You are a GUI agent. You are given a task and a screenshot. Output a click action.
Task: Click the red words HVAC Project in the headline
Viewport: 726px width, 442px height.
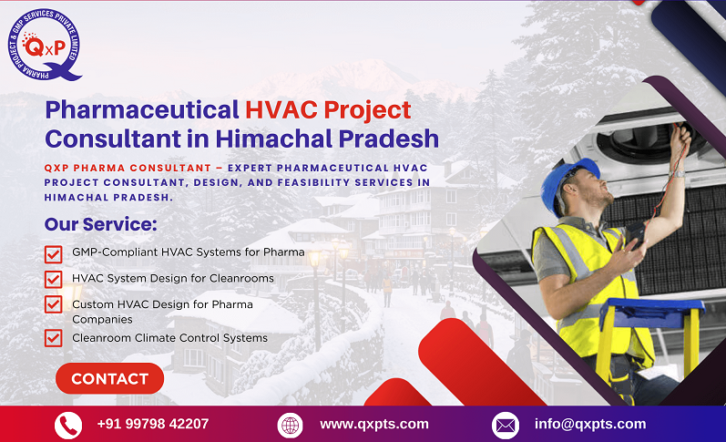pyautogui.click(x=327, y=110)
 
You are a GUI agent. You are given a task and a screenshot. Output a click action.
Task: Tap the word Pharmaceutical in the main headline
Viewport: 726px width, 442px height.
pyautogui.click(x=141, y=110)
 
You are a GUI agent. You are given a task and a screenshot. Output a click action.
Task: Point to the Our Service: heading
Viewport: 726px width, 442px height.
pyautogui.click(x=100, y=224)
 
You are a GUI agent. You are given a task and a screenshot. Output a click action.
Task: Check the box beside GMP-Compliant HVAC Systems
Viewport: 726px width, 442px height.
pyautogui.click(x=54, y=252)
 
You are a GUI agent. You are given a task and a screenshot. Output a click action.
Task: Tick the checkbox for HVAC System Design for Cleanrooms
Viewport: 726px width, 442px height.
pyautogui.click(x=54, y=279)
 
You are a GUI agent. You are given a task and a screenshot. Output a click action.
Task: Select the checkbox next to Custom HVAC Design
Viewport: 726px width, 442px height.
pyautogui.click(x=54, y=305)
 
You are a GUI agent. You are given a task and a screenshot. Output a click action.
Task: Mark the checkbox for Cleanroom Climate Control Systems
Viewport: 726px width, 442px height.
pyautogui.click(x=54, y=338)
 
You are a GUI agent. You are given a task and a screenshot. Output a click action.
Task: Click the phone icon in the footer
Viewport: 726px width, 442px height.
pyautogui.click(x=68, y=425)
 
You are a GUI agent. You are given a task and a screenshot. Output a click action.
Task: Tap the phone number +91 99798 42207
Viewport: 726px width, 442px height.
pyautogui.click(x=152, y=424)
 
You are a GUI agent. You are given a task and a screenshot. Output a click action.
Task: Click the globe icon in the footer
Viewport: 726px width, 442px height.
pyautogui.click(x=290, y=425)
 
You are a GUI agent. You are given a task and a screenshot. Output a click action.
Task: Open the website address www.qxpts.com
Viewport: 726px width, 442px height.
pyautogui.click(x=373, y=424)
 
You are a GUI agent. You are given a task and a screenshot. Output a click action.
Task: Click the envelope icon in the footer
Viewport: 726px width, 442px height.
pyautogui.click(x=505, y=425)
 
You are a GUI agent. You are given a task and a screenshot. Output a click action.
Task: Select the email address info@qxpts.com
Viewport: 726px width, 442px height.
pyautogui.click(x=589, y=424)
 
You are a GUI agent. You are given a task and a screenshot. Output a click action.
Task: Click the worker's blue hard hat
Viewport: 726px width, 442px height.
pyautogui.click(x=567, y=181)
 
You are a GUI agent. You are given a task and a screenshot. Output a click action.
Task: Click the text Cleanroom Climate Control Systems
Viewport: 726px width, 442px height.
pyautogui.click(x=169, y=338)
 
